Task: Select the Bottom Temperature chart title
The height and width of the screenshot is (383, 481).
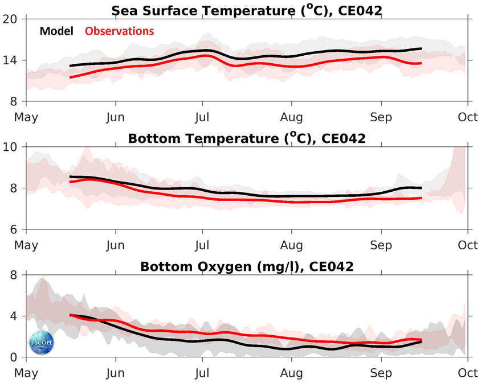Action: pyautogui.click(x=247, y=138)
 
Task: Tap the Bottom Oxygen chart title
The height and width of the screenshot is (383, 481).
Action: pyautogui.click(x=247, y=266)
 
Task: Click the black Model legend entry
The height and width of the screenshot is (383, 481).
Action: pyautogui.click(x=56, y=31)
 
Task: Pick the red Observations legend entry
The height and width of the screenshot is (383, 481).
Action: pyautogui.click(x=120, y=31)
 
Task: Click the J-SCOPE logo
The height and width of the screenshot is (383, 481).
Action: pyautogui.click(x=41, y=342)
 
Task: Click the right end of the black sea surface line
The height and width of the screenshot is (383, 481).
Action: pyautogui.click(x=421, y=49)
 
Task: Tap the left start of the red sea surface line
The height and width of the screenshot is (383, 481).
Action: pyautogui.click(x=70, y=77)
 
